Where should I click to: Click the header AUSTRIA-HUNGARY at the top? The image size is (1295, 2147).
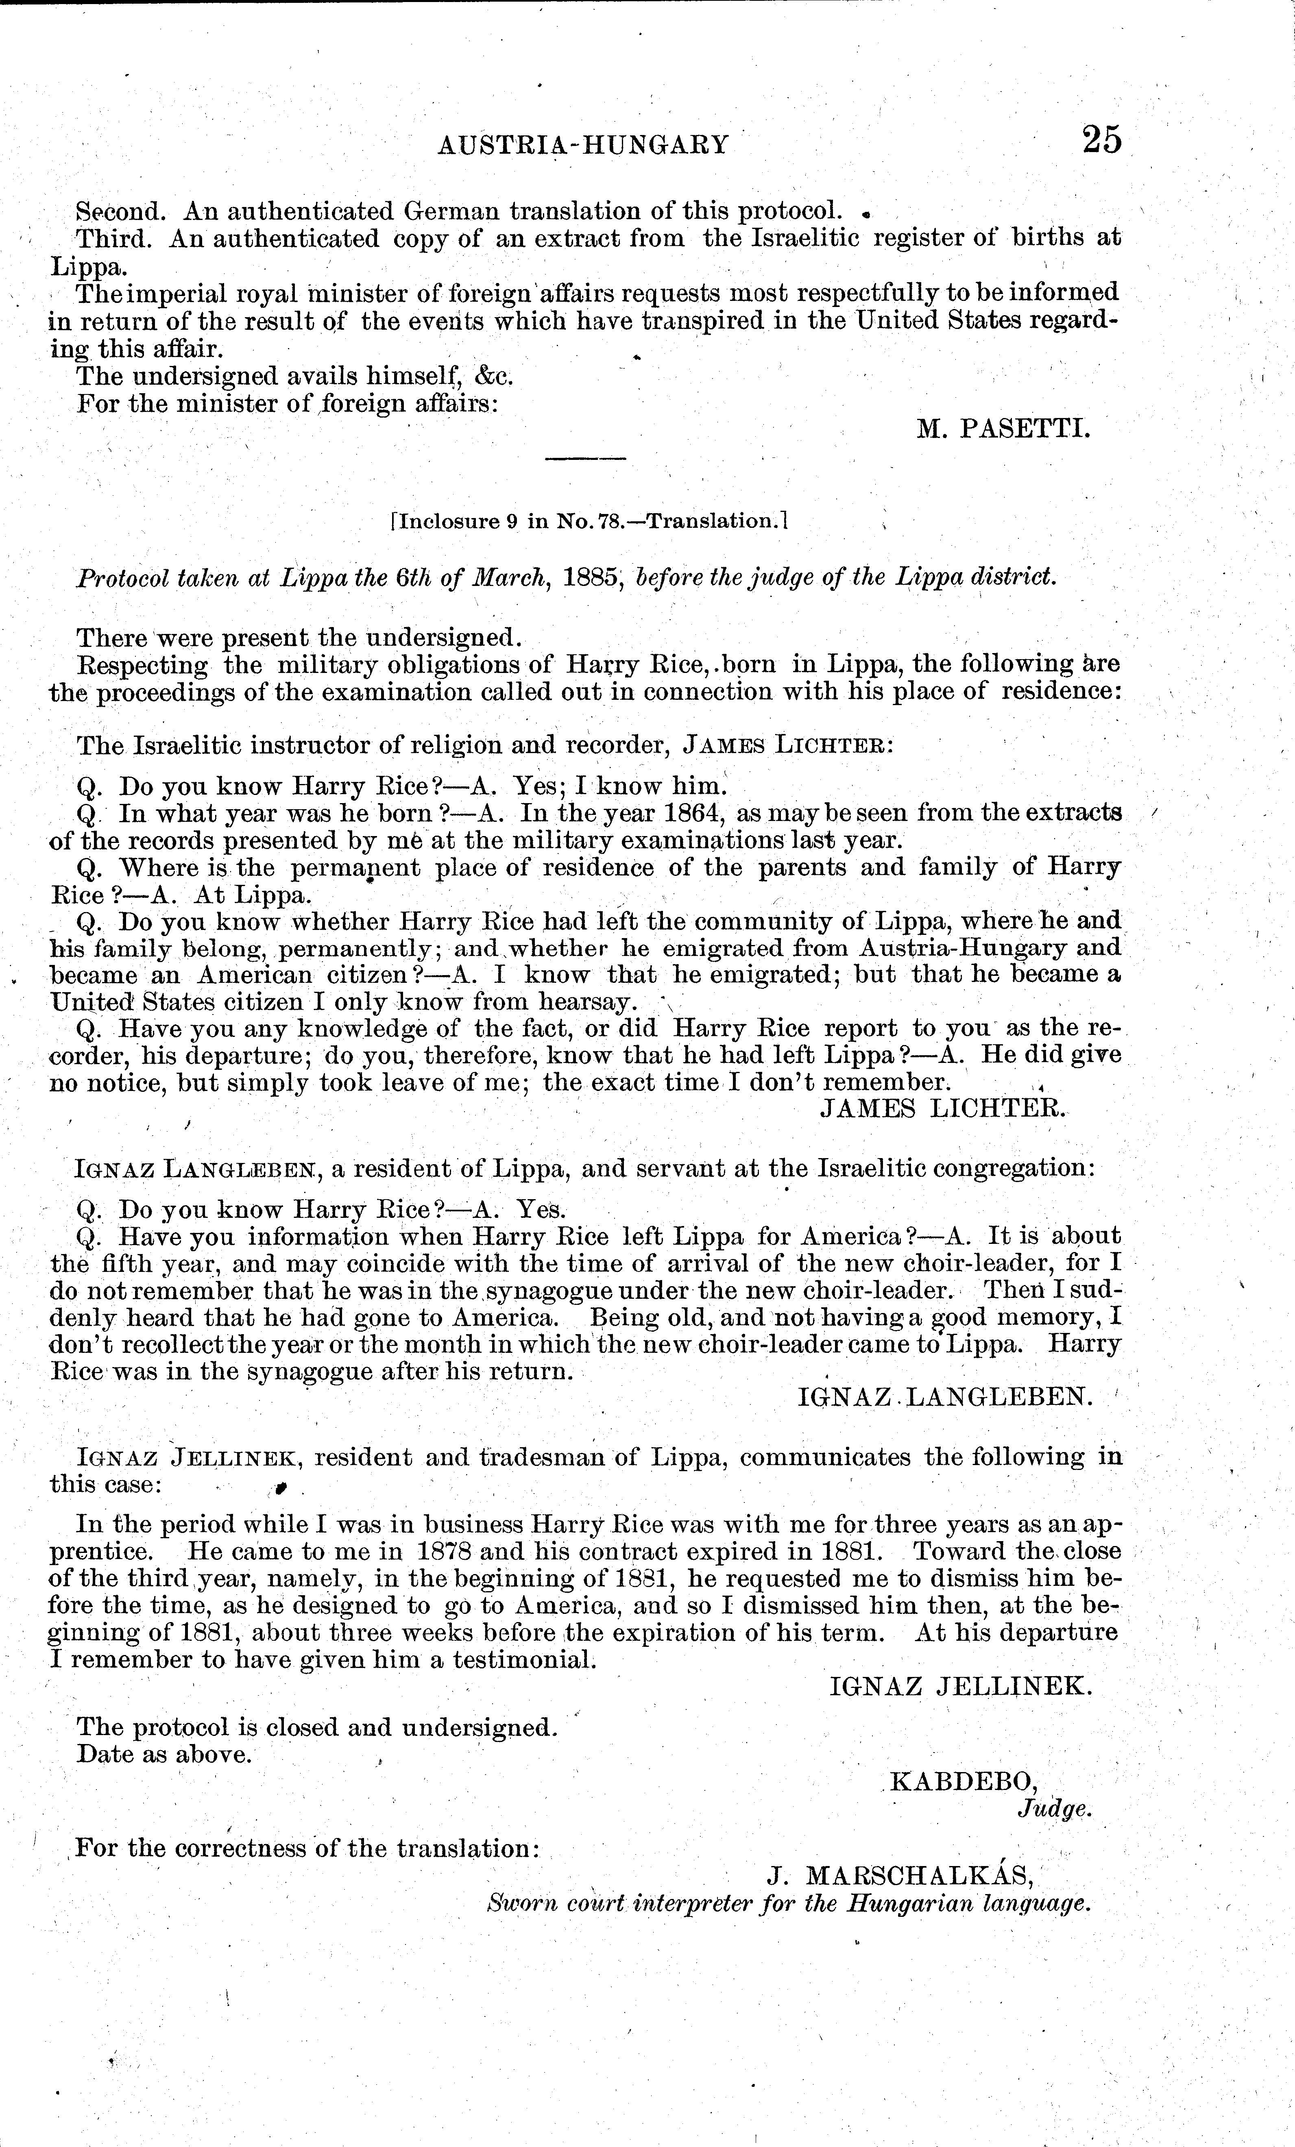(583, 144)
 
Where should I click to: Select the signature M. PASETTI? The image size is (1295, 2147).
(1003, 429)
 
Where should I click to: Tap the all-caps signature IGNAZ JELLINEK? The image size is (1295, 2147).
(960, 1686)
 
